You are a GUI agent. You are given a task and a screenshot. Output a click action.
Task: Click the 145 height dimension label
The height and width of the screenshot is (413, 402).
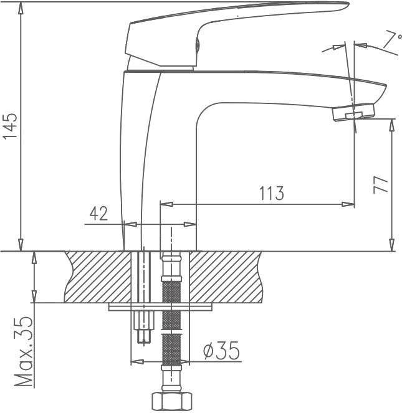[x=10, y=125]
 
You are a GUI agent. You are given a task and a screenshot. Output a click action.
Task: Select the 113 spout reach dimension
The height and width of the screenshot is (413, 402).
[x=272, y=193]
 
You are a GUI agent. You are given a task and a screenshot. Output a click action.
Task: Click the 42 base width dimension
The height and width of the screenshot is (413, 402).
[x=99, y=213]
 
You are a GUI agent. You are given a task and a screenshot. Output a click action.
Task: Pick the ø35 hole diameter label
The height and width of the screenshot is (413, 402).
[x=221, y=351]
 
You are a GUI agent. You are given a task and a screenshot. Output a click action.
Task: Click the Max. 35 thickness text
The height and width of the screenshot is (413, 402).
[x=24, y=351]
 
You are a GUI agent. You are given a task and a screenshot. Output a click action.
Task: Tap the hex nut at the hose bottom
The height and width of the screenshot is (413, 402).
[x=171, y=402]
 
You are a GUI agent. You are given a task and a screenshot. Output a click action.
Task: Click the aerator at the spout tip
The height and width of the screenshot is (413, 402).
[x=354, y=112]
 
